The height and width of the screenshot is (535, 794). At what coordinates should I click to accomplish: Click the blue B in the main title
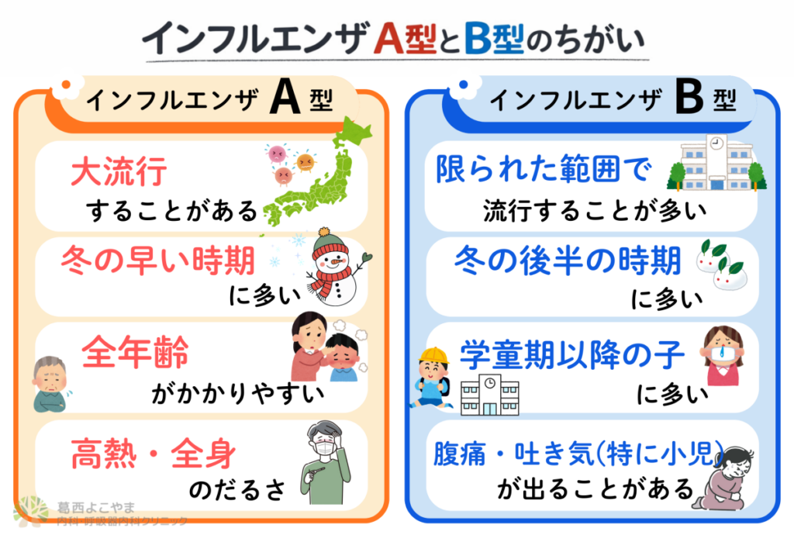[x=478, y=39]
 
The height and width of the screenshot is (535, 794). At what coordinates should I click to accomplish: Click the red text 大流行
[x=119, y=171]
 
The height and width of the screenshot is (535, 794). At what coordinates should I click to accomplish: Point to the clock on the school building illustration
[x=716, y=143]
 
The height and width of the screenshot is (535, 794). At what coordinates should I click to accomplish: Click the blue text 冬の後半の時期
[x=568, y=261]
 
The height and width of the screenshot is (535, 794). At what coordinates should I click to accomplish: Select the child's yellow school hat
[x=434, y=356]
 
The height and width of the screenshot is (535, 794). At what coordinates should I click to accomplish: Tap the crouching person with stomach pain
[x=724, y=478]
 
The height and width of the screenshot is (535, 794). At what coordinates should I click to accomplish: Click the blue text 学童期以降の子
[x=572, y=355]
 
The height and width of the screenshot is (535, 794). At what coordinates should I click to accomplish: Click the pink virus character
[x=277, y=153]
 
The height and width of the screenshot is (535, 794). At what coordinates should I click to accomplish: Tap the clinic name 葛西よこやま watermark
[x=96, y=506]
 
